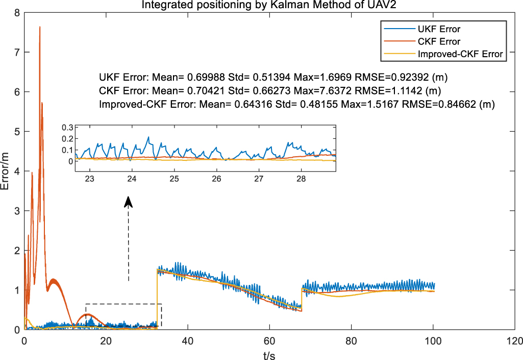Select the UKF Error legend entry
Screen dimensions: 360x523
tap(439, 29)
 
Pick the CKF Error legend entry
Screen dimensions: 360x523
tap(439, 41)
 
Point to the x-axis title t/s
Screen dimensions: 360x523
tap(269, 354)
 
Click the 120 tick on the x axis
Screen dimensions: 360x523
tap(514, 340)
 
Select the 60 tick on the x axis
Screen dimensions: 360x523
tap(269, 340)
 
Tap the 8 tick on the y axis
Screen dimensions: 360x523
tap(17, 12)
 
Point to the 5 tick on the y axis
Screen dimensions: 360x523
tap(17, 131)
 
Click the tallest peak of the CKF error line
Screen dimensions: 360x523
tap(40, 27)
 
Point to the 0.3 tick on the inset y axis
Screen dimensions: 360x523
tap(67, 127)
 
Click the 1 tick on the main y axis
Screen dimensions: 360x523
tap(17, 290)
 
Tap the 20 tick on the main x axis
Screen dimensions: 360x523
tap(106, 340)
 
